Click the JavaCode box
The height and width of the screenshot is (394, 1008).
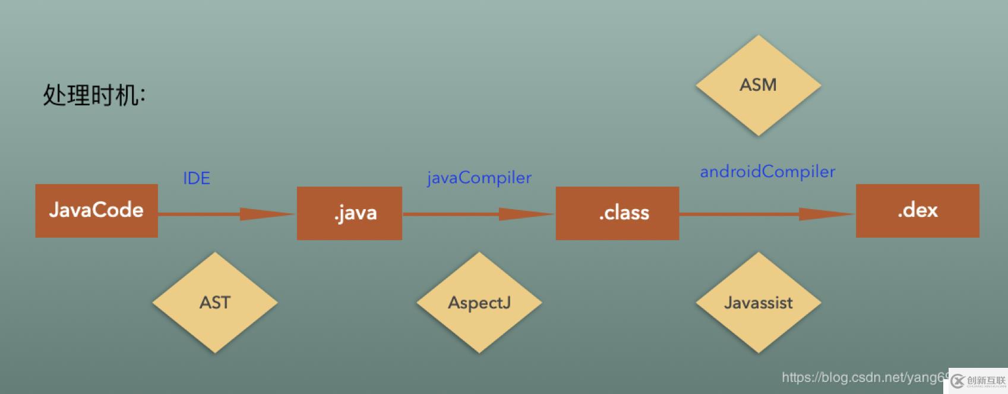pos(96,211)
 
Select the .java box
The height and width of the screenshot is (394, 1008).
pos(349,213)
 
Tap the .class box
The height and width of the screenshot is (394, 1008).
pos(617,213)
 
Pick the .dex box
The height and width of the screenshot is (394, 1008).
pos(917,211)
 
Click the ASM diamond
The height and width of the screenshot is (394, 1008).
pos(758,85)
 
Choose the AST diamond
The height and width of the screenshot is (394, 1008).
pos(214,302)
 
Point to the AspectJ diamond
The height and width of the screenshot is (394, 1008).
pos(479,302)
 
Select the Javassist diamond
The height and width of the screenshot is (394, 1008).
pos(758,302)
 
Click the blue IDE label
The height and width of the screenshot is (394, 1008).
pos(197,178)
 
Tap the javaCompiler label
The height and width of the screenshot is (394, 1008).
pos(479,178)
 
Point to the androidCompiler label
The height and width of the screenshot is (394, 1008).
pos(767,172)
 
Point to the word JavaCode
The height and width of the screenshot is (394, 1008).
pos(96,210)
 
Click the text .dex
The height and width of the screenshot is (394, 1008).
pos(918,210)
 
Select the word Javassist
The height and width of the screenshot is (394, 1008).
pos(758,302)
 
